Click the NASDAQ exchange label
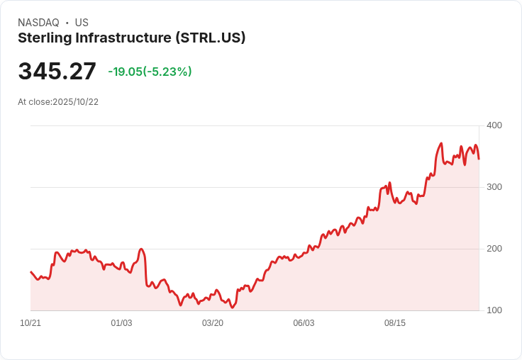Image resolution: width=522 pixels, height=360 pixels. [38, 23]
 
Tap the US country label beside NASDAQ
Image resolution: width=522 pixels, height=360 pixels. [82, 23]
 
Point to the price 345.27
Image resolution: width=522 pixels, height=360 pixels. [57, 72]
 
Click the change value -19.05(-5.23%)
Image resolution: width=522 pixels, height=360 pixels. [150, 72]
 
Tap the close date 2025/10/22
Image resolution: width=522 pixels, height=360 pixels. [75, 102]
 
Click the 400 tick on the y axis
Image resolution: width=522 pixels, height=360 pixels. [494, 125]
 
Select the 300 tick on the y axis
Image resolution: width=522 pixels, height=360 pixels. [494, 187]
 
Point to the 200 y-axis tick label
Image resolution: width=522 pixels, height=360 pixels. [494, 249]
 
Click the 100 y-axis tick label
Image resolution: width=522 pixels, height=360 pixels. [494, 310]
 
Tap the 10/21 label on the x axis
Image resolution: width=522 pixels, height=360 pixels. [30, 323]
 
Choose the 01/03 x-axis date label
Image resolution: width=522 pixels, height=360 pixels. [121, 323]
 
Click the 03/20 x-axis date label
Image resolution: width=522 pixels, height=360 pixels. [213, 323]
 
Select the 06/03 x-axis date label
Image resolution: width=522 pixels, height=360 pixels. [304, 323]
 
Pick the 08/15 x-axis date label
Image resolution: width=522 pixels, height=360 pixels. [395, 323]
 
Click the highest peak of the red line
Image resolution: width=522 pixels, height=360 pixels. [441, 144]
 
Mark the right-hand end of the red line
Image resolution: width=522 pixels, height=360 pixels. [479, 159]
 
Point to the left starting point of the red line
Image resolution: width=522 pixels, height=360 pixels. [30, 272]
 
